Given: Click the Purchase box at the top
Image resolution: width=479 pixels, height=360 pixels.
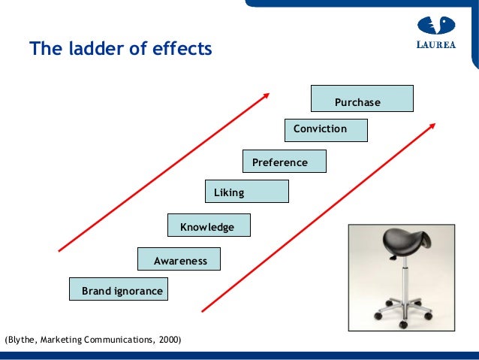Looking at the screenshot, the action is pyautogui.click(x=362, y=99).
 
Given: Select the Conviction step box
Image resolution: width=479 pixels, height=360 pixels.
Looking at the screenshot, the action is pyautogui.click(x=326, y=130).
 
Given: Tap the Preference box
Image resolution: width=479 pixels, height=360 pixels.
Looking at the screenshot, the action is pyautogui.click(x=285, y=162).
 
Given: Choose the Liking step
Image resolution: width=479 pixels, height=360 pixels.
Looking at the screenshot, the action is pyautogui.click(x=246, y=192).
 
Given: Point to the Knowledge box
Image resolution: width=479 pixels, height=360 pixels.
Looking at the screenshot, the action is pyautogui.click(x=209, y=225).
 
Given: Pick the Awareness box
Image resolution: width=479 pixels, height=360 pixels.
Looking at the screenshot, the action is pyautogui.click(x=179, y=259).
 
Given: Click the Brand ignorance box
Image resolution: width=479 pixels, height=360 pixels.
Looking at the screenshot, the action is pyautogui.click(x=119, y=289).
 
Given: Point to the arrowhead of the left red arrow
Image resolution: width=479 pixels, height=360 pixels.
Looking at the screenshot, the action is pyautogui.click(x=266, y=95).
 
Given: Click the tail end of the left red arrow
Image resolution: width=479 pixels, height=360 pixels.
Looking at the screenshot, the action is pyautogui.click(x=60, y=250).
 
